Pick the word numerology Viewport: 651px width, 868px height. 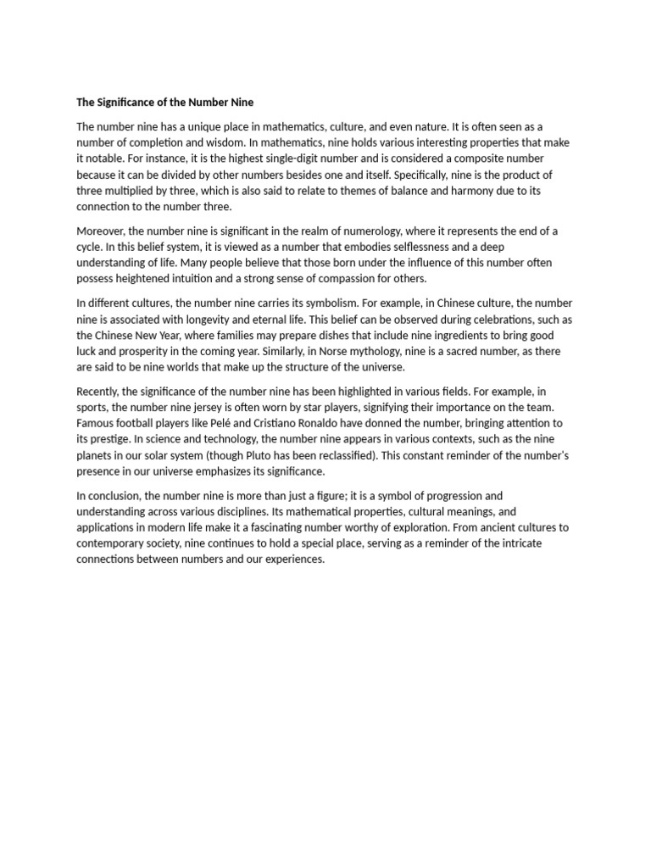(366, 231)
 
